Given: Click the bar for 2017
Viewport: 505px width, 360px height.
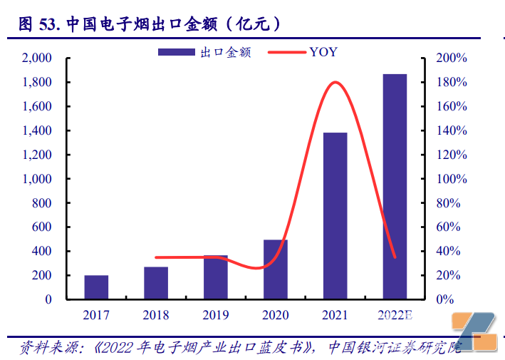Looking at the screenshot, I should (x=96, y=287).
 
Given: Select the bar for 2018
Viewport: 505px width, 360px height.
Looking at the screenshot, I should (x=156, y=282).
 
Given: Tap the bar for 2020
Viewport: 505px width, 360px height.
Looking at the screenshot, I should (x=276, y=269).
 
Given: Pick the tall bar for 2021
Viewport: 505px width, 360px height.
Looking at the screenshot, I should (x=335, y=215).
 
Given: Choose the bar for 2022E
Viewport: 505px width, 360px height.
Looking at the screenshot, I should (x=395, y=186).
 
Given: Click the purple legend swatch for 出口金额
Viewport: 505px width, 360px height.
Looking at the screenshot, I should (x=175, y=52).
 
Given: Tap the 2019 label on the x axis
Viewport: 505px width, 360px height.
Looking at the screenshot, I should (x=216, y=314).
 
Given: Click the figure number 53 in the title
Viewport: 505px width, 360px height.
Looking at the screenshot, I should (x=48, y=24).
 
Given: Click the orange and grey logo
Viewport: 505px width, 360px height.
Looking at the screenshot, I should (x=476, y=332).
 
